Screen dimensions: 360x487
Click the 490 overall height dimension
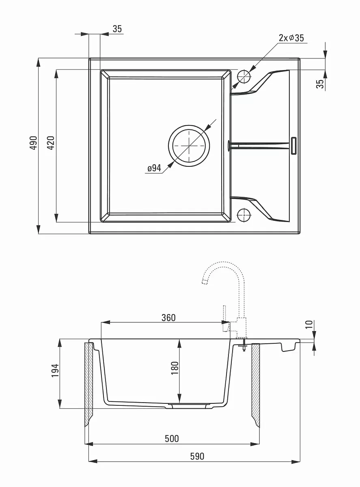tap(33, 143)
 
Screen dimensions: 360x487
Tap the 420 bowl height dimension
tap(51, 143)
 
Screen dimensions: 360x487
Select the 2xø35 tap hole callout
tap(291, 38)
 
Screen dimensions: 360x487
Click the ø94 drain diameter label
tap(154, 168)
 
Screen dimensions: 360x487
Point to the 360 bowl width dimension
tap(168, 318)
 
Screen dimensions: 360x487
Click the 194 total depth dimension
tap(55, 371)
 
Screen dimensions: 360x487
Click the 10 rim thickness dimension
tap(309, 324)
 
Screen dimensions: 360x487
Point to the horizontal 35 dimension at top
tap(117, 29)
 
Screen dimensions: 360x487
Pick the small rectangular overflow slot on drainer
tap(293, 146)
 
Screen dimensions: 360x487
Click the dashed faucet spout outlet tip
tap(205, 282)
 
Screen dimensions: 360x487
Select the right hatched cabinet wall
tap(256, 385)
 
